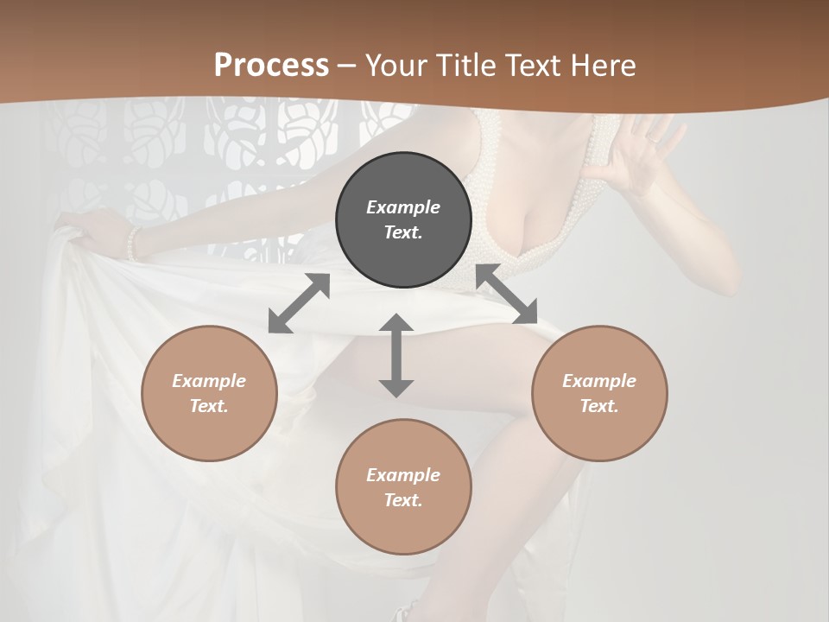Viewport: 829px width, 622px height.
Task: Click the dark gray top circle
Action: (403, 220)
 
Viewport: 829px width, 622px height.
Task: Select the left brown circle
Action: (209, 393)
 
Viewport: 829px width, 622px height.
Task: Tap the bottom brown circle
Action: (403, 487)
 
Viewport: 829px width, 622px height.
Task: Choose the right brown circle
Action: (599, 393)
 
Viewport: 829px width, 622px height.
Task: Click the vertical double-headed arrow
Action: (396, 355)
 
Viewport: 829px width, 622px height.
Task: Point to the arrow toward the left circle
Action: (299, 303)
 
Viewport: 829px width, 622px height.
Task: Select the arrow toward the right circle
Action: (506, 295)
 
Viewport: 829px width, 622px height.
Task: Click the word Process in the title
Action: (271, 66)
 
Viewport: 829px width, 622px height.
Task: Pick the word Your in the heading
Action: (394, 66)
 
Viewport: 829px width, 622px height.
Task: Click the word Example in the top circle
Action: (403, 207)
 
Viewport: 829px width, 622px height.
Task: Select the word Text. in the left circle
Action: (209, 406)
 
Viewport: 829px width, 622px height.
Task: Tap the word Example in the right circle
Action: (599, 381)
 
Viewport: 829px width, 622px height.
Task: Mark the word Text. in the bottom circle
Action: (403, 500)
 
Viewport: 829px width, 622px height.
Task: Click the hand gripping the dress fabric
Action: (86, 230)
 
